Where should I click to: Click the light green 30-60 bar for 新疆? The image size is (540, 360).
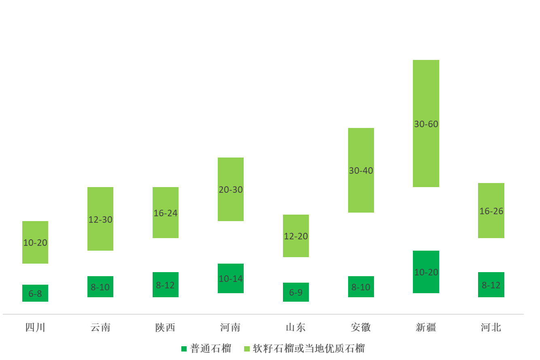[x=426, y=124]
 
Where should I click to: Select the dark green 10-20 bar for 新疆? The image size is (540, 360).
[x=426, y=272]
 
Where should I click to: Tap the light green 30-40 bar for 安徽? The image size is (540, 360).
[x=361, y=170]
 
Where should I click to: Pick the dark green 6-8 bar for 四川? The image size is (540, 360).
[x=35, y=293]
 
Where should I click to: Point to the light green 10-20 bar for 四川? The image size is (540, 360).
[x=35, y=242]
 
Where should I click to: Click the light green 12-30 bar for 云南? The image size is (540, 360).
[x=100, y=219]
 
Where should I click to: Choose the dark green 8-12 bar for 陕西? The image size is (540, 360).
[x=165, y=285]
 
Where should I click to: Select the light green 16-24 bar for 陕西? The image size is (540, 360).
[x=165, y=213]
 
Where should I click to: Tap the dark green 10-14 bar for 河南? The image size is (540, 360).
[x=231, y=278]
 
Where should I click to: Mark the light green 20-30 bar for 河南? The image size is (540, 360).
[x=231, y=189]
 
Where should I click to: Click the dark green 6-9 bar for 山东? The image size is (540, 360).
[x=296, y=292]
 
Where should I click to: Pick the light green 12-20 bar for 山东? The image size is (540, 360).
[x=296, y=236]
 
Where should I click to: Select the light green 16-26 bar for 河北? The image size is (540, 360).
[x=491, y=211]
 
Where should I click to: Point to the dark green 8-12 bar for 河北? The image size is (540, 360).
[x=491, y=285]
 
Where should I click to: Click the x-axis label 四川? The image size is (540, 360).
[x=35, y=327]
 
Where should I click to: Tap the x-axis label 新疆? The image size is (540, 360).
[x=426, y=327]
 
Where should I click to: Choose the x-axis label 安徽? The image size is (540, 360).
[x=361, y=327]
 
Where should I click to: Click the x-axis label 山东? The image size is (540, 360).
[x=296, y=327]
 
